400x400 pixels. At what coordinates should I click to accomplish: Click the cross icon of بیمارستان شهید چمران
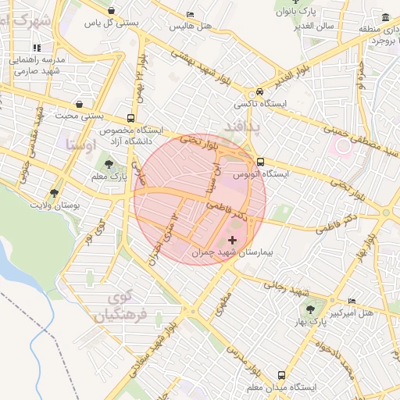click(x=231, y=239)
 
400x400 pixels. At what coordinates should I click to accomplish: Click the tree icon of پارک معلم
click(x=109, y=164)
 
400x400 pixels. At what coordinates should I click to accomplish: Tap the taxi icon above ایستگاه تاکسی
click(x=260, y=91)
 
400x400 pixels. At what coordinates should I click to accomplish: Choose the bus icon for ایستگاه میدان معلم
click(x=281, y=374)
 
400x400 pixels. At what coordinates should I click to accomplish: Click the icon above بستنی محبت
click(x=80, y=105)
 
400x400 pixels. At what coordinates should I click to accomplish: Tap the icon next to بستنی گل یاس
click(x=112, y=11)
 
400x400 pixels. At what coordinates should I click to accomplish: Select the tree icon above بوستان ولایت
click(x=54, y=192)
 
